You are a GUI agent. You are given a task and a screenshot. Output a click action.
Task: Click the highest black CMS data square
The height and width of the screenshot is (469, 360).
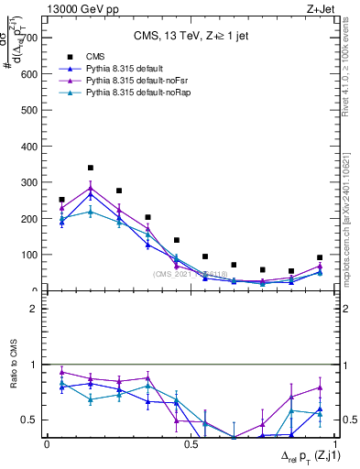(90, 168)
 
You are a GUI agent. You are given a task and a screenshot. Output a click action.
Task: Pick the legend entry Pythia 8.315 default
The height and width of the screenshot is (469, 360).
(119, 69)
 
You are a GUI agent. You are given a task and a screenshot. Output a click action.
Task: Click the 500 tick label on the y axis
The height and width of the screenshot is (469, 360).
(30, 110)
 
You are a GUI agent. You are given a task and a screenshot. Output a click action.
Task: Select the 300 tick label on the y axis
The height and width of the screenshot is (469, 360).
(30, 182)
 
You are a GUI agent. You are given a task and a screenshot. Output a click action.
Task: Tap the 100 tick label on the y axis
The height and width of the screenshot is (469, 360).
(30, 255)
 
